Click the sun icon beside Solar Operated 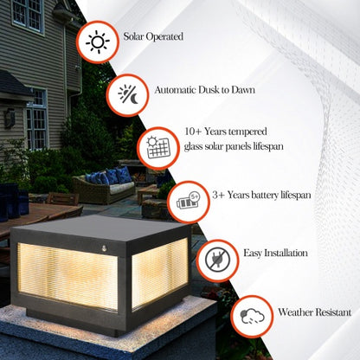click(97, 42)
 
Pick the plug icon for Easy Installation click(218, 260)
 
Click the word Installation click(286, 254)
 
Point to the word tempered click(252, 132)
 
